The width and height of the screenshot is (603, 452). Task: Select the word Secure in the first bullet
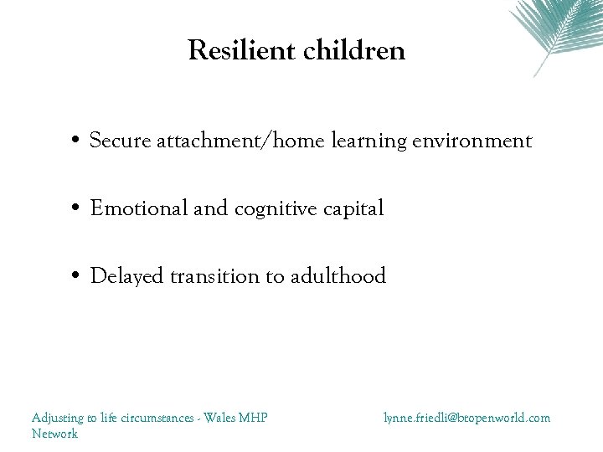tap(118, 141)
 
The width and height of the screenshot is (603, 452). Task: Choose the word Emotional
tap(139, 208)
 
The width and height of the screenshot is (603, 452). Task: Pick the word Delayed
tap(126, 276)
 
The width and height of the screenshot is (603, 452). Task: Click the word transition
tap(216, 275)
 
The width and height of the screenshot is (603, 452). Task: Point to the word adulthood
tap(338, 275)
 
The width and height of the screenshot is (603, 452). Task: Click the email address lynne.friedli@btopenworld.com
tap(466, 417)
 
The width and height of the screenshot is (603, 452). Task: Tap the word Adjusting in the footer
tap(57, 417)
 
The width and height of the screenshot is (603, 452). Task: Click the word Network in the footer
tap(54, 434)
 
